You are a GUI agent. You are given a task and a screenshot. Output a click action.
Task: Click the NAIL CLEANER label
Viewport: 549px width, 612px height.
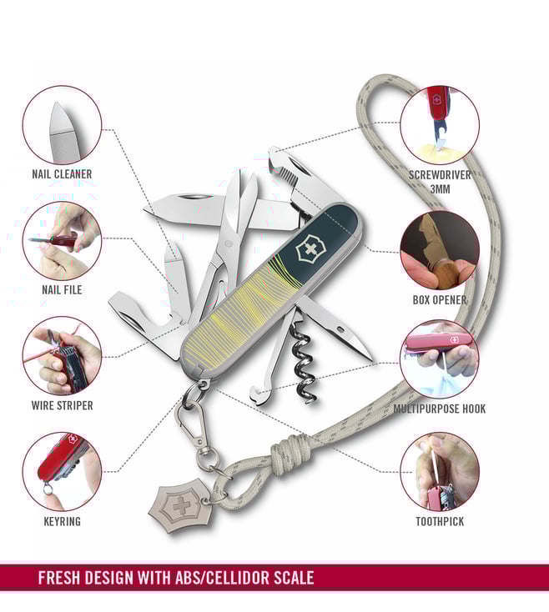pos(62,174)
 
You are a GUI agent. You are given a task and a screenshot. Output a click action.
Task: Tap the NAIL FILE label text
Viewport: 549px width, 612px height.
pos(62,289)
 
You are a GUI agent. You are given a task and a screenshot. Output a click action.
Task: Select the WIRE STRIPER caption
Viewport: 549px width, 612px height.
pos(62,405)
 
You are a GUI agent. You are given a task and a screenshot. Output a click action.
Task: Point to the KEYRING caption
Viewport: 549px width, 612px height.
pos(62,521)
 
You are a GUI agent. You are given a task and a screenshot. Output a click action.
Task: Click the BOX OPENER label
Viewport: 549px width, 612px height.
pos(440,300)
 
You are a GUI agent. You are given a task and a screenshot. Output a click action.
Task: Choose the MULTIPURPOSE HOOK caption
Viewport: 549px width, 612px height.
pos(440,409)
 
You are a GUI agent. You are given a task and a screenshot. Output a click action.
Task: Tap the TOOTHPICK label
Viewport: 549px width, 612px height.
pos(440,521)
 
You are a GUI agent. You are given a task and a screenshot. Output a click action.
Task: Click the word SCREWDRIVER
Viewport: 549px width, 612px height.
pos(440,175)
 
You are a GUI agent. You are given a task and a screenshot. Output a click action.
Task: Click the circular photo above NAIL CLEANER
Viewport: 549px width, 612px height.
pos(62,125)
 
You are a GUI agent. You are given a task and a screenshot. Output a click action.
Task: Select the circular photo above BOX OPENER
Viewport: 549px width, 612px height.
pos(440,251)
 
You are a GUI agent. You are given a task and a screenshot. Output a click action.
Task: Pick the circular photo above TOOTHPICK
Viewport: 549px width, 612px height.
pos(440,471)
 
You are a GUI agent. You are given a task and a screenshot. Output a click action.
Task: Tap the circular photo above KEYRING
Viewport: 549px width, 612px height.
pos(62,471)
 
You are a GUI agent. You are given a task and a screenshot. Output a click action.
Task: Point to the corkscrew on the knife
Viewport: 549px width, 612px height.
pos(304,361)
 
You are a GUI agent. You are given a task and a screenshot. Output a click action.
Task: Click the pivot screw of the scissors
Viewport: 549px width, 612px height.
pos(229,244)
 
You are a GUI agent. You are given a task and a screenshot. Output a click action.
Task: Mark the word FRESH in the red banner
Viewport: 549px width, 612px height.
pos(59,578)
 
